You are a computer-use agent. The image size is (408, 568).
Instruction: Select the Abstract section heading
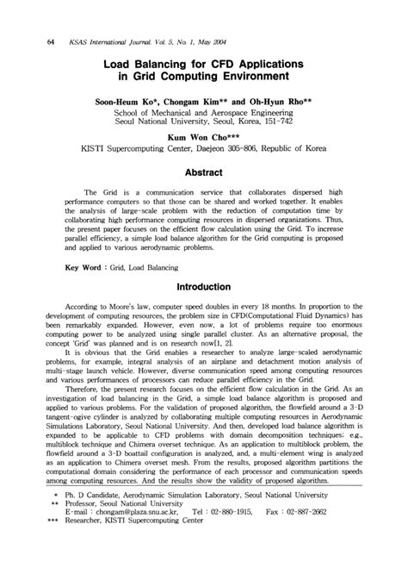(x=211, y=172)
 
